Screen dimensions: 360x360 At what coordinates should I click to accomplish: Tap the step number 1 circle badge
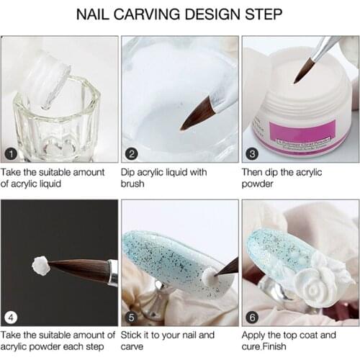(10, 154)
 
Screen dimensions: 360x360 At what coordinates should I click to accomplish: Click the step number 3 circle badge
(253, 154)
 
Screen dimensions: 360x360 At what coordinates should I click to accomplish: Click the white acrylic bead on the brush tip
(40, 265)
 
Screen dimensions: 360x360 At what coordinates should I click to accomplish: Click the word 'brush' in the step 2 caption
(136, 184)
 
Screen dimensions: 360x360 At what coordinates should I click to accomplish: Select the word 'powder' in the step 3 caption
(261, 184)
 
